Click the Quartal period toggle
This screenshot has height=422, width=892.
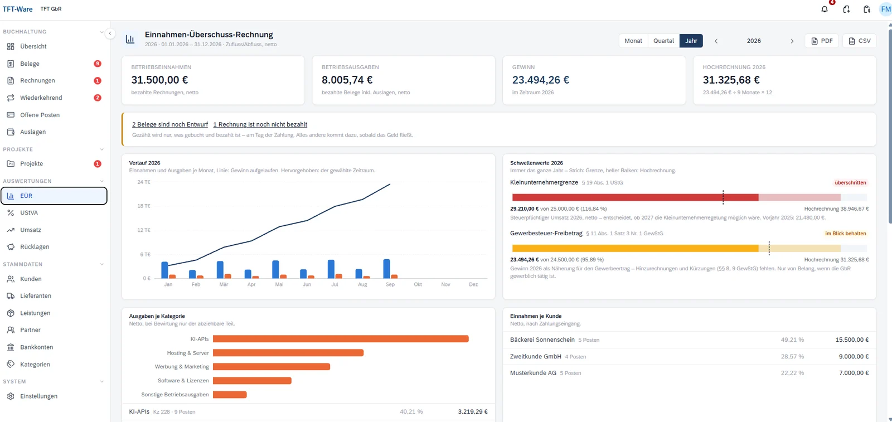coord(663,41)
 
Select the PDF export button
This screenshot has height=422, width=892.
coord(822,41)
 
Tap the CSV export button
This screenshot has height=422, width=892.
coord(859,41)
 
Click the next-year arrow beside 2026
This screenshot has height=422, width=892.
coord(792,41)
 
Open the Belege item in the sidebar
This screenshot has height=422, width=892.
coord(30,64)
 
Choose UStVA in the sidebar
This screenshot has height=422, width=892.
coord(28,212)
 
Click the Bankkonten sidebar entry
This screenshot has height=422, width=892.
coord(36,347)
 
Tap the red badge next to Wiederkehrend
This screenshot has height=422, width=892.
coord(97,98)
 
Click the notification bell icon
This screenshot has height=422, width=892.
coord(825,9)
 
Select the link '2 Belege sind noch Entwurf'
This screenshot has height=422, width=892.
coord(170,125)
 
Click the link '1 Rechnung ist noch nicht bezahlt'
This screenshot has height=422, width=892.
coord(260,125)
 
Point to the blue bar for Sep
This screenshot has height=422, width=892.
coord(386,269)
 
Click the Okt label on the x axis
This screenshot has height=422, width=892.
coord(418,284)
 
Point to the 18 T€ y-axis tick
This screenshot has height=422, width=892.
coord(144,206)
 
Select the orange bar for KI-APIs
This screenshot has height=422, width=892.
coord(341,339)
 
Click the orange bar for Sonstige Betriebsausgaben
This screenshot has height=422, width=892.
coord(230,395)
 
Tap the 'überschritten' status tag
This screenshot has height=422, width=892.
coord(850,183)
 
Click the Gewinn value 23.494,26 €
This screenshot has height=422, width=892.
coord(540,80)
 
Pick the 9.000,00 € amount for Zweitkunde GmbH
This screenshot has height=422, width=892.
coord(854,357)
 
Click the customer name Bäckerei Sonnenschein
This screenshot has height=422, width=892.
coord(542,339)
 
